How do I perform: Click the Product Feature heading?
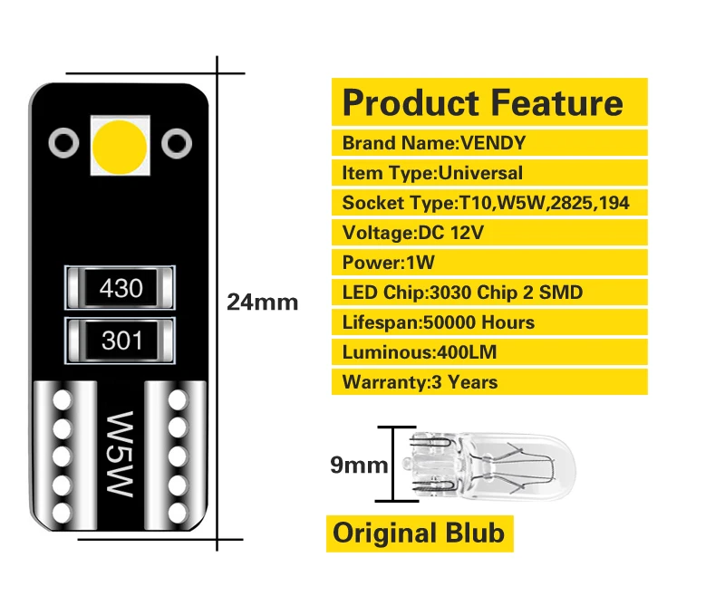pyautogui.click(x=482, y=102)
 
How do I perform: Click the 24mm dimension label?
pyautogui.click(x=262, y=302)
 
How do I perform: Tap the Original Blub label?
pyautogui.click(x=419, y=533)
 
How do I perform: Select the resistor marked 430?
pyautogui.click(x=121, y=289)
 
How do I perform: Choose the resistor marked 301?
pyautogui.click(x=121, y=341)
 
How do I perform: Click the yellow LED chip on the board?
pyautogui.click(x=120, y=144)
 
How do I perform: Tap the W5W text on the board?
pyautogui.click(x=121, y=454)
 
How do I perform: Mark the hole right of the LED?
pyautogui.click(x=177, y=141)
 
